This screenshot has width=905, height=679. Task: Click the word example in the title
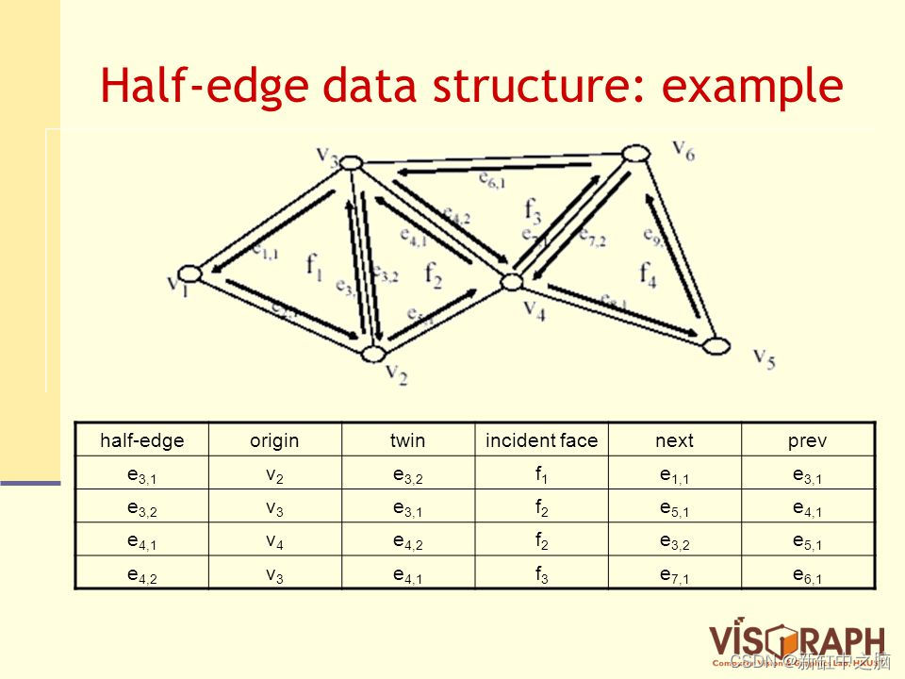pos(751,86)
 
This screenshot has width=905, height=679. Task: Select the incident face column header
pos(541,440)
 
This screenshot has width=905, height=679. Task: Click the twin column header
pos(407,440)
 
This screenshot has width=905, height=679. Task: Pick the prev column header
pos(809,440)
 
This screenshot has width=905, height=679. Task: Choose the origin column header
pos(273,440)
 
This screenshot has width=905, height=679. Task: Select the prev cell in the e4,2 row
pos(809,573)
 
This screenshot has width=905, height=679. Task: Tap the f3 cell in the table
pos(541,573)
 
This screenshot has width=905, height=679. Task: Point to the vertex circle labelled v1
pos(190,273)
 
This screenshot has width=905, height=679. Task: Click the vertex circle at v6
pos(634,153)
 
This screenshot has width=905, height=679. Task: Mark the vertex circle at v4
pos(512,280)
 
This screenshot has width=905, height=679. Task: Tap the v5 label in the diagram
pos(765,357)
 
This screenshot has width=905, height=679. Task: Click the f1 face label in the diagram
pos(315,269)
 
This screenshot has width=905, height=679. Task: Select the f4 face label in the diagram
pos(649,273)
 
